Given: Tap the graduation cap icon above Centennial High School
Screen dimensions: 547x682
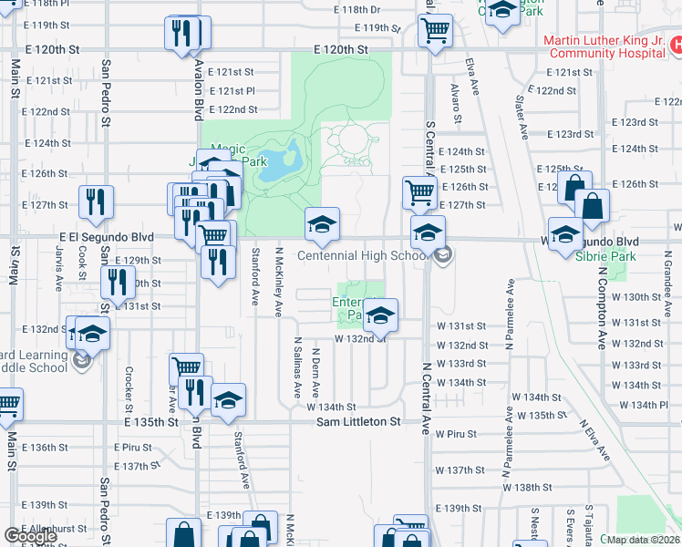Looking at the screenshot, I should [321, 224].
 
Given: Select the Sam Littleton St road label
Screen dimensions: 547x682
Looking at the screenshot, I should [358, 422].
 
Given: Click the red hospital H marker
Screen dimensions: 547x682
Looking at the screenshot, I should [676, 43].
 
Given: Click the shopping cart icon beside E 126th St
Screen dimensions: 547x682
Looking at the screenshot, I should [418, 192].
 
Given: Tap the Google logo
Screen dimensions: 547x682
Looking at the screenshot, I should [30, 536].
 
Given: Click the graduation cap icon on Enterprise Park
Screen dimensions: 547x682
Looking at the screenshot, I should [381, 315].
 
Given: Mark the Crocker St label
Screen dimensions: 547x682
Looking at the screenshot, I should [129, 387].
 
